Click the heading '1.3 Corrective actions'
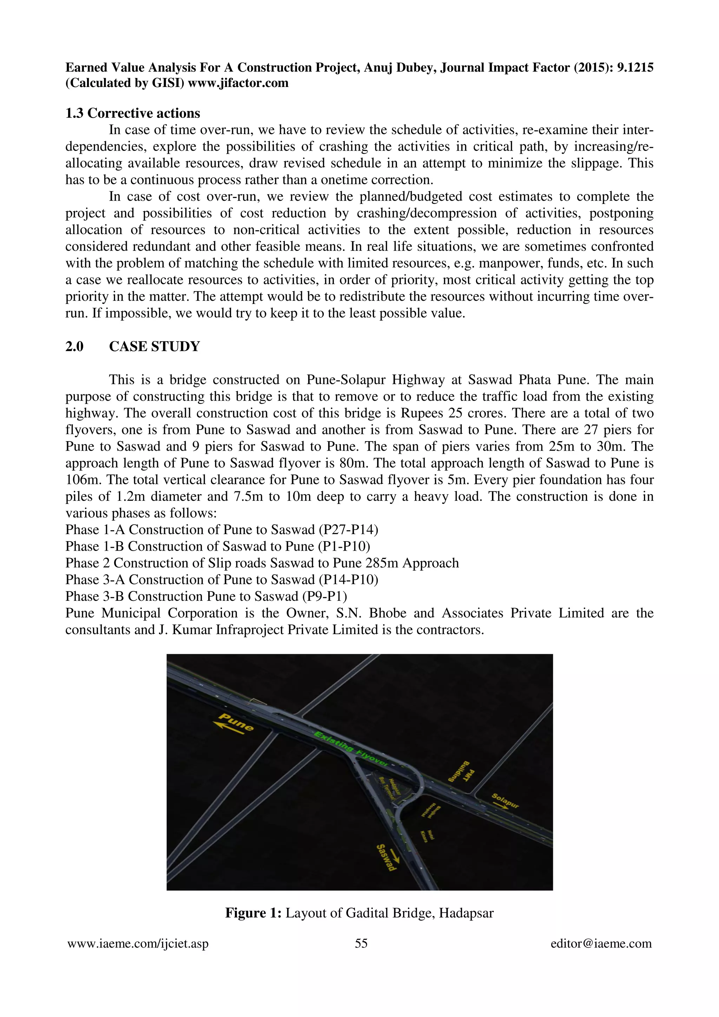pyautogui.click(x=132, y=113)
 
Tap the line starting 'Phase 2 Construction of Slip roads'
pyautogui.click(x=262, y=563)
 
